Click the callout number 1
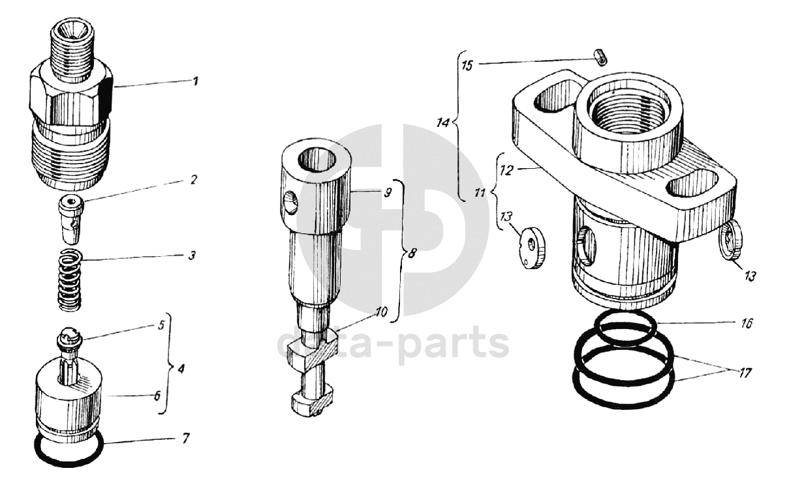(195, 81)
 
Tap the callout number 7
(185, 438)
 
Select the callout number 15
(467, 66)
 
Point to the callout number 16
(747, 323)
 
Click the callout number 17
(745, 373)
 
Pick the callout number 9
(388, 193)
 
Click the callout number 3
(191, 255)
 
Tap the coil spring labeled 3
(70, 280)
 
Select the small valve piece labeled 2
(71, 220)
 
